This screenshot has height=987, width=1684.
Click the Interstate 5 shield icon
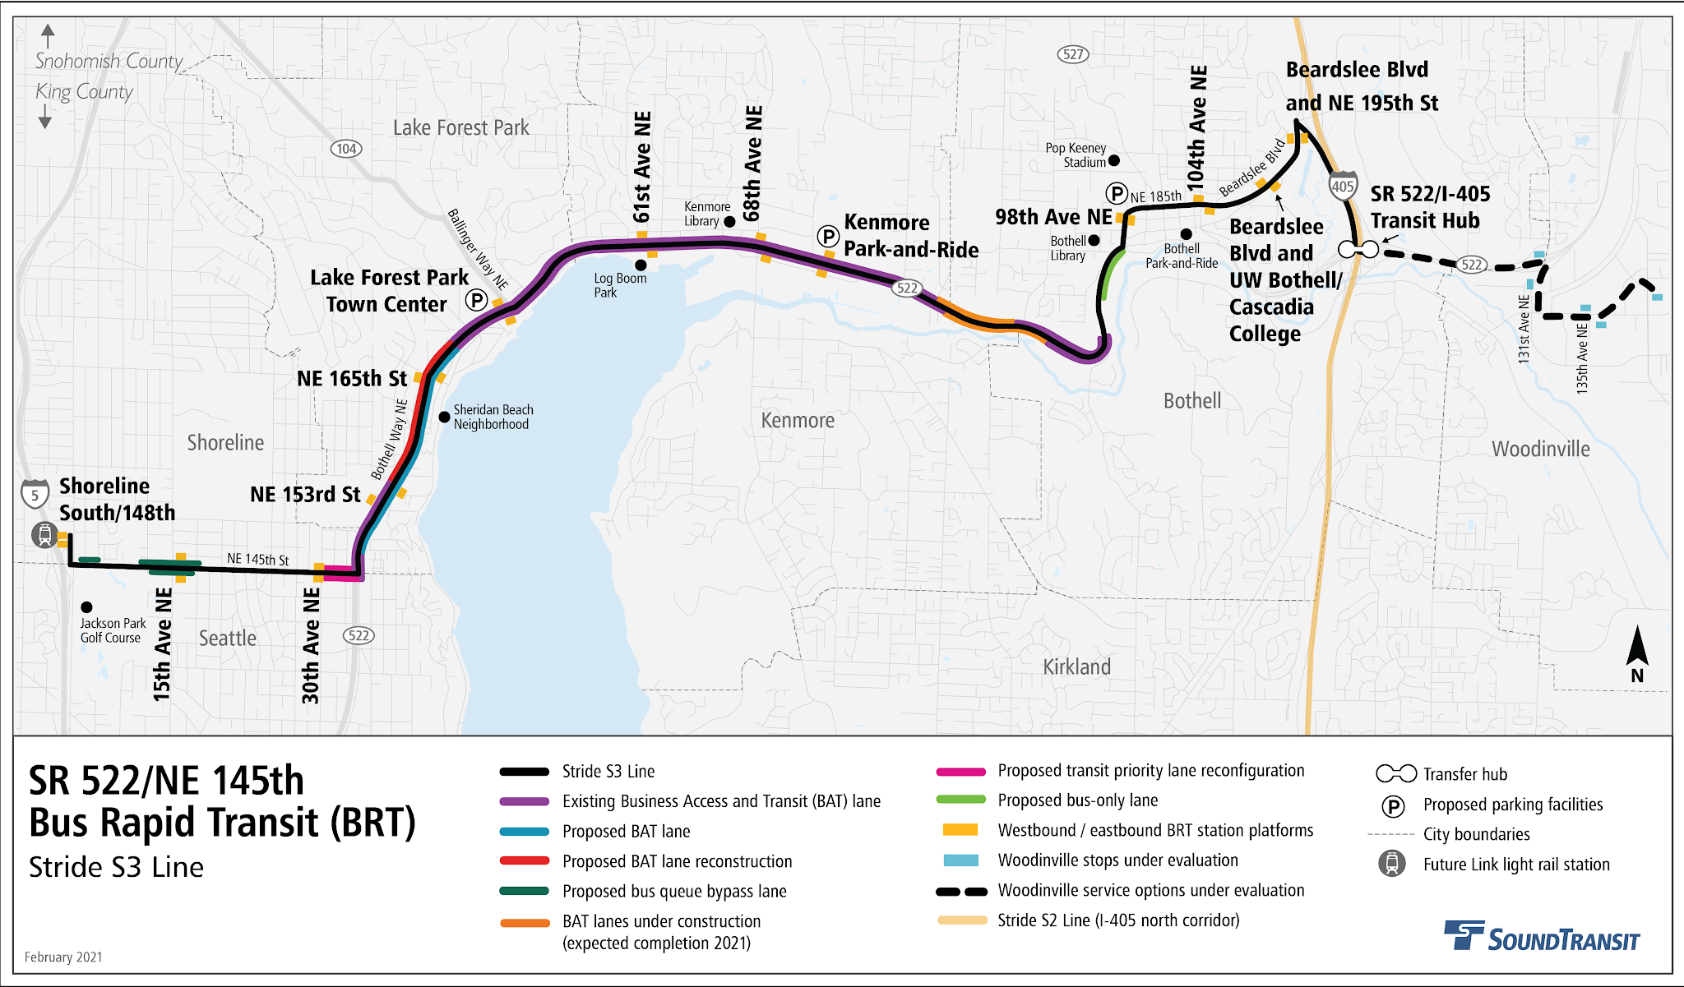click(35, 495)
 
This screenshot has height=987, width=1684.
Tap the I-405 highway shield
click(1342, 185)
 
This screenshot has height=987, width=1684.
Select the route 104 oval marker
click(346, 149)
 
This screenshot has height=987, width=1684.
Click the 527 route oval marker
click(1072, 55)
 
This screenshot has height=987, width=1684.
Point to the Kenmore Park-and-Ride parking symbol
click(828, 237)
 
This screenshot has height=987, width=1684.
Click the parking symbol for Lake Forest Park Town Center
click(477, 300)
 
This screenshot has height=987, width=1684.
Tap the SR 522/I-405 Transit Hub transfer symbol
click(1358, 248)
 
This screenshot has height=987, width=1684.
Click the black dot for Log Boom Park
click(641, 265)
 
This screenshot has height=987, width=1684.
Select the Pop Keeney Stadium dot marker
click(1114, 160)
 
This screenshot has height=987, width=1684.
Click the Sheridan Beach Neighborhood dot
click(444, 417)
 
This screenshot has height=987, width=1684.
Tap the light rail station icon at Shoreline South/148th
click(44, 536)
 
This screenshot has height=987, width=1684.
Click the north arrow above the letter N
click(1637, 647)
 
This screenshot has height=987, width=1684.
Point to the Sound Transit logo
click(1542, 937)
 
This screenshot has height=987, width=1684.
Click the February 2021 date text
click(63, 957)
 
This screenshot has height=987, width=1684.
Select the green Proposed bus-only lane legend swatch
click(960, 800)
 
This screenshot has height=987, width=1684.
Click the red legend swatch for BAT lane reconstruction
click(525, 860)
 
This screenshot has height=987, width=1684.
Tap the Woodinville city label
click(1540, 449)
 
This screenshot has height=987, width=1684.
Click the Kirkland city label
click(1076, 666)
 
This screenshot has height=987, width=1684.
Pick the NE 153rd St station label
click(305, 494)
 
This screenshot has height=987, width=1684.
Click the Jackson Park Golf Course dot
click(86, 607)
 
